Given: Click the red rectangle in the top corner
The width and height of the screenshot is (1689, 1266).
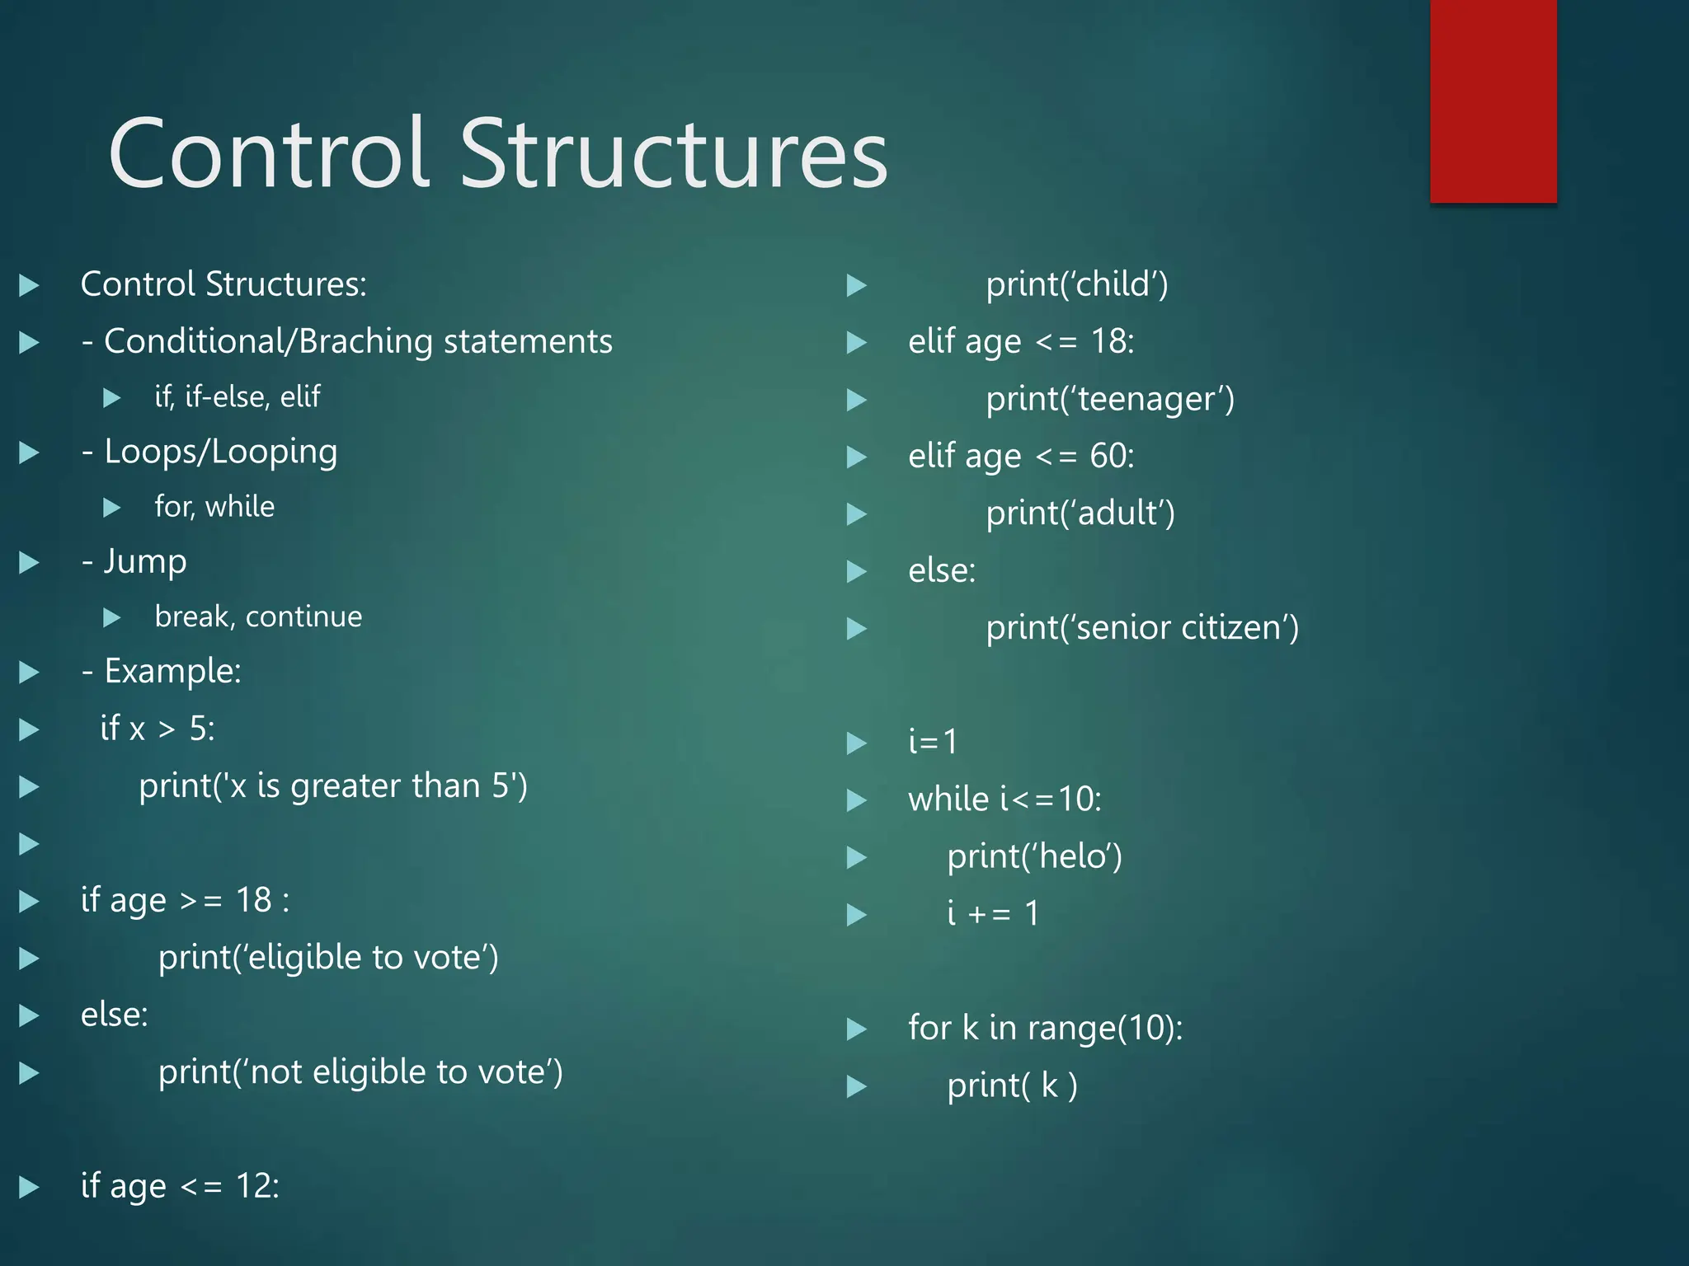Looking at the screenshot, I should [x=1493, y=101].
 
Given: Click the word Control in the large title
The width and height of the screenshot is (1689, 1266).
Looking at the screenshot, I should [x=269, y=154].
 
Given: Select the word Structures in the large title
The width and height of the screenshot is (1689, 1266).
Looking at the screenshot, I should [x=673, y=154].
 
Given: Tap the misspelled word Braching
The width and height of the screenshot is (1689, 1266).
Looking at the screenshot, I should [x=365, y=341].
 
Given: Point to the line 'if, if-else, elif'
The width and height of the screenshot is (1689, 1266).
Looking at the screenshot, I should [x=238, y=397].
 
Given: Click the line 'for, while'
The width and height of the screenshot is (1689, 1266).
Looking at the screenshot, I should [x=214, y=507].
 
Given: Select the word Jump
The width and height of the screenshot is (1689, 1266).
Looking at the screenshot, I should [x=145, y=562].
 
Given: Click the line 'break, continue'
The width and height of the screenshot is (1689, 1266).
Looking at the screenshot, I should [x=258, y=617].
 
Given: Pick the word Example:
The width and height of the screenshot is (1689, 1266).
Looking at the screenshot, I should [x=172, y=671].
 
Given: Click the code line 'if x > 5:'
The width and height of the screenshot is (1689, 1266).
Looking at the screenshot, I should [x=158, y=729].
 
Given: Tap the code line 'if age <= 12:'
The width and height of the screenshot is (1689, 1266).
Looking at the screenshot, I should [x=180, y=1186].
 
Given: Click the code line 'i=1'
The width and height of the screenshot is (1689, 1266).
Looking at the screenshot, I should [x=933, y=742].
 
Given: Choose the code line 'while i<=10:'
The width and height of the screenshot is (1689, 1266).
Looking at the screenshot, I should [x=1004, y=799].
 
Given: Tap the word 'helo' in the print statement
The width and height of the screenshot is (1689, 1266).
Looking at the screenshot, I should [x=1071, y=856].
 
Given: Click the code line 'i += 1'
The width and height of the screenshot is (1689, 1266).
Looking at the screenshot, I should [x=993, y=913].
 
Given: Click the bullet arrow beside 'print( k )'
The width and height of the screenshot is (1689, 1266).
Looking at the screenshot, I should [x=857, y=1086].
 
